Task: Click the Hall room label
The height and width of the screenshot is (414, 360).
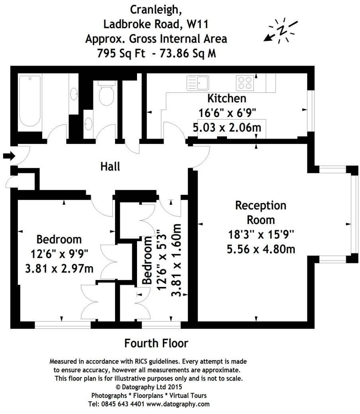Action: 110,167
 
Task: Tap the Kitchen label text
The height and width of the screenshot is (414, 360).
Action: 227,98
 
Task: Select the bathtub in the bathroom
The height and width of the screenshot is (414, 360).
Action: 30,101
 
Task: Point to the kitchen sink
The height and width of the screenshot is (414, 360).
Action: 198,82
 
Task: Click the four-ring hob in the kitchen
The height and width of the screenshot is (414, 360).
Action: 245,82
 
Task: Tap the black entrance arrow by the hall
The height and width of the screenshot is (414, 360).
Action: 9,156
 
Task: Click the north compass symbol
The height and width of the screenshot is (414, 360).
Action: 281,30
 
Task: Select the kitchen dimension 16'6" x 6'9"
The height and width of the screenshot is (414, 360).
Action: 227,113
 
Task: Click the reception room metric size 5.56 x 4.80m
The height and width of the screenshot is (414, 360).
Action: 261,249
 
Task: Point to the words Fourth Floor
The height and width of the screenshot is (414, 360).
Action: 156,343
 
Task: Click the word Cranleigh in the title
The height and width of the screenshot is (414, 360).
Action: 156,10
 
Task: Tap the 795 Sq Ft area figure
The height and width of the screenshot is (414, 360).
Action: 121,53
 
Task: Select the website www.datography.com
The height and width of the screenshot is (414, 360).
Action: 178,404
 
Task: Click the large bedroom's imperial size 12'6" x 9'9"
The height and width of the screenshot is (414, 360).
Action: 59,254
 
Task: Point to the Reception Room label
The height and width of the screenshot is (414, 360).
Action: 261,212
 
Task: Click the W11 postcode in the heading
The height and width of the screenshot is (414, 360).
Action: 198,24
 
